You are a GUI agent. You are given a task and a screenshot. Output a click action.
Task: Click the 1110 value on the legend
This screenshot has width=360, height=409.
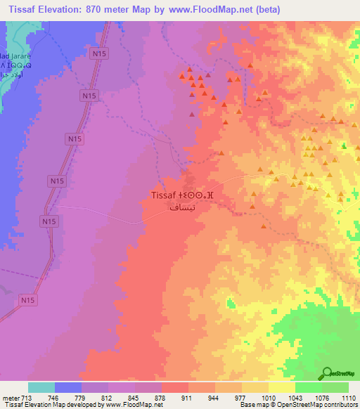pos(348,397)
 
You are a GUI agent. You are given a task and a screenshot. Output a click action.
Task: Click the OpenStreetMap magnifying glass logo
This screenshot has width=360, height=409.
pos(328,373)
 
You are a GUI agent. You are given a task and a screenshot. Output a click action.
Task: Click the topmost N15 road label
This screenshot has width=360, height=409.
pos(98,51)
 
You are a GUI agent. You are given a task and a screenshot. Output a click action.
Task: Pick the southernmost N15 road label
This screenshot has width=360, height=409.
pos(27,301)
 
